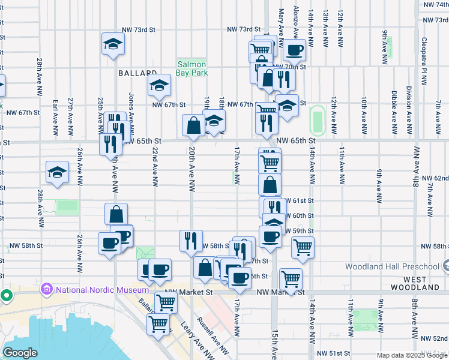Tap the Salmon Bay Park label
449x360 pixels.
pos(191,68)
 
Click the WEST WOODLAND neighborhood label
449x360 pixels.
pos(423,283)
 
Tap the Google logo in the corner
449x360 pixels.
pos(20,353)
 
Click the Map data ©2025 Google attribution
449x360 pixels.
pos(412,355)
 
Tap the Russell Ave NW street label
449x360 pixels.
pos(214,339)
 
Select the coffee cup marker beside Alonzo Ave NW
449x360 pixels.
pos(294,50)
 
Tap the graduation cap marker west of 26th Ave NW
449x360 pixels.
pos(57,172)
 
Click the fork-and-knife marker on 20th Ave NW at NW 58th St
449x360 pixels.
pos(191,241)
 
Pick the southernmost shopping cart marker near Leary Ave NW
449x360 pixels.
pos(158,324)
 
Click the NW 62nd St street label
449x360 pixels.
pos(434,178)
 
